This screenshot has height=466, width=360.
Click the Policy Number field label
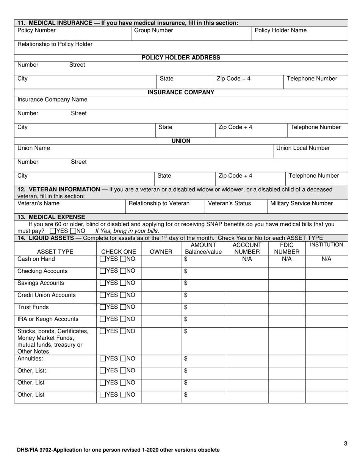tap(36, 30)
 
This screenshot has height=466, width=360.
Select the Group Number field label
tap(153, 30)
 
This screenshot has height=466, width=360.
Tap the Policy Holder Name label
tap(280, 30)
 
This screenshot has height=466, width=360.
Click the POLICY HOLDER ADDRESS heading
tap(181, 58)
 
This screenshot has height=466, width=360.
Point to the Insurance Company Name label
tap(52, 100)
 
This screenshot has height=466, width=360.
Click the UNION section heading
tap(181, 141)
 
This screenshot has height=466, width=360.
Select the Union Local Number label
tap(303, 148)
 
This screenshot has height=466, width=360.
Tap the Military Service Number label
tap(301, 203)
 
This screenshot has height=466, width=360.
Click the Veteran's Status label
tap(230, 203)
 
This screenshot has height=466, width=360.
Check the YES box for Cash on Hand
tap(103, 259)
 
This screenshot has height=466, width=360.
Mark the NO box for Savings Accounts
tap(122, 283)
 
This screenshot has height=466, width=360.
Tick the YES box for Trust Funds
tap(103, 307)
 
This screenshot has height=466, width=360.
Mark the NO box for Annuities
tap(122, 358)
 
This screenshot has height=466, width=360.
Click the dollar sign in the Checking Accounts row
tap(186, 271)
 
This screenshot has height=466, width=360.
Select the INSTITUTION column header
tap(326, 245)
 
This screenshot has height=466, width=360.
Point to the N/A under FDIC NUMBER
tap(287, 259)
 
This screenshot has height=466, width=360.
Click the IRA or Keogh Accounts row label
tap(48, 319)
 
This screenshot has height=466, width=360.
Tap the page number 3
tap(346, 444)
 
